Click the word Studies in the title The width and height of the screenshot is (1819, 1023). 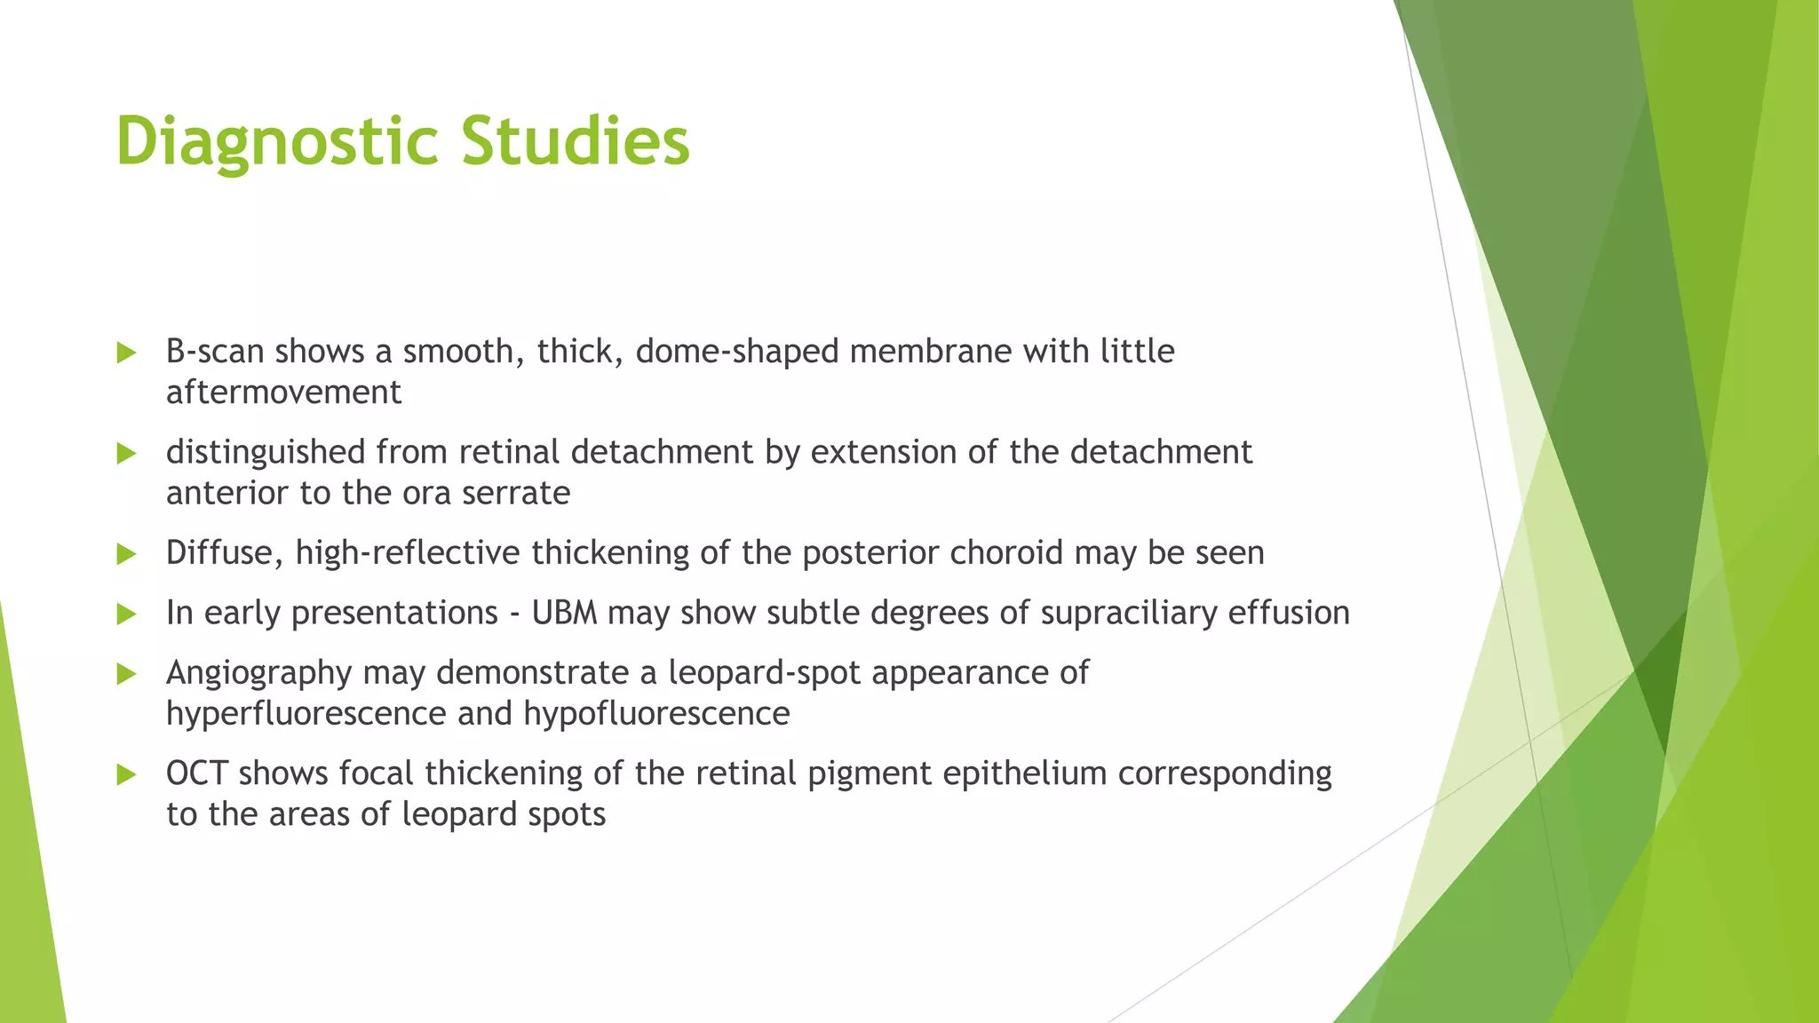[576, 140]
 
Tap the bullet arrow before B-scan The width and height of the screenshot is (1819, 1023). [126, 353]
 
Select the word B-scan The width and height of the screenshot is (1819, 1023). [215, 352]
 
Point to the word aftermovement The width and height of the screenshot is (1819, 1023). [283, 393]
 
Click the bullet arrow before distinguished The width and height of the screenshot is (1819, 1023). [126, 454]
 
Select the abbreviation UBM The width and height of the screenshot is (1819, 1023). [564, 613]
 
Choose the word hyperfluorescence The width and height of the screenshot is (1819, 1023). [306, 714]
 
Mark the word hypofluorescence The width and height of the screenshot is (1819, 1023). [656, 714]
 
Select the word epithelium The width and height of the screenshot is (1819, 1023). [1024, 773]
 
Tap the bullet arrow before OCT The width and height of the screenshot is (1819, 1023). [126, 775]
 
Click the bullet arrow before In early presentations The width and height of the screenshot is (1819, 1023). [126, 614]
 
